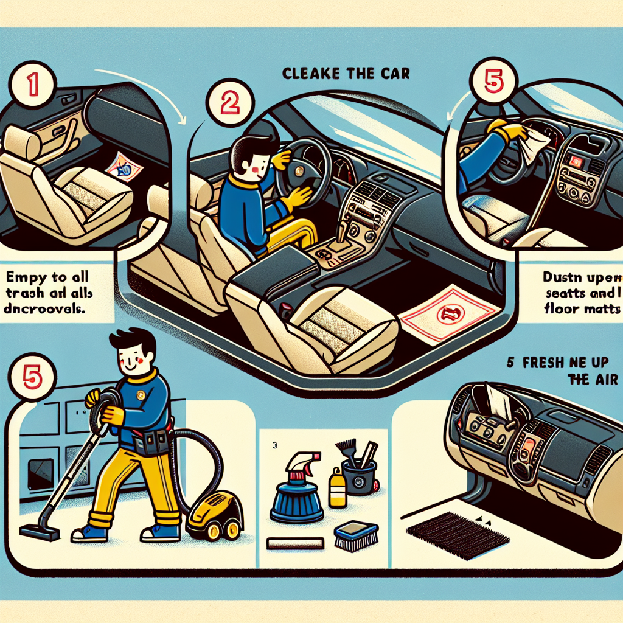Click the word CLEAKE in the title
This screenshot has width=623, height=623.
point(308,74)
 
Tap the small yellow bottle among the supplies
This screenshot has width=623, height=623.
point(337,490)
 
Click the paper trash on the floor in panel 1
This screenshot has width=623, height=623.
point(125,165)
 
